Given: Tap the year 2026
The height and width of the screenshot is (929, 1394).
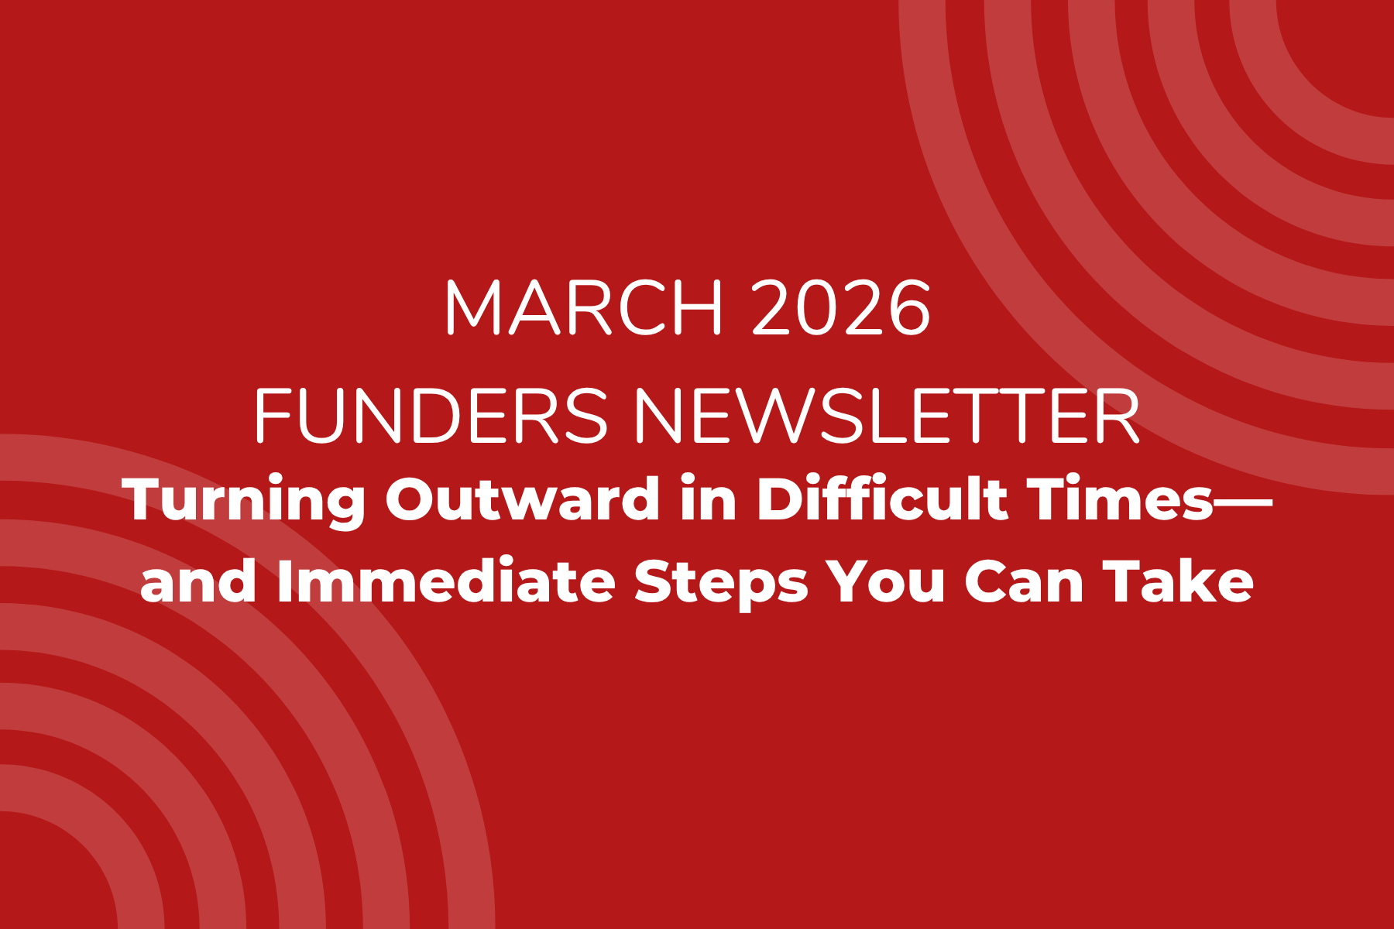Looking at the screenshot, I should click(x=841, y=307).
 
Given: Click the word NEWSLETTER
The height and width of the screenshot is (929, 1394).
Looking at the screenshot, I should click(x=888, y=416).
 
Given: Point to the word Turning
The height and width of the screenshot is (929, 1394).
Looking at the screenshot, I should click(x=244, y=501).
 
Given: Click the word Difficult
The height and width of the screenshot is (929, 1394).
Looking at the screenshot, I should click(x=882, y=499).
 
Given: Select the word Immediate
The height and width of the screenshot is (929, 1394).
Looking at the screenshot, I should click(x=446, y=581).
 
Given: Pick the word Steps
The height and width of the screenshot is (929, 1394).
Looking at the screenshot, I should click(x=721, y=583).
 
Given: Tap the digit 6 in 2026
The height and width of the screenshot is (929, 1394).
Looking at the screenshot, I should click(x=908, y=307).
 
